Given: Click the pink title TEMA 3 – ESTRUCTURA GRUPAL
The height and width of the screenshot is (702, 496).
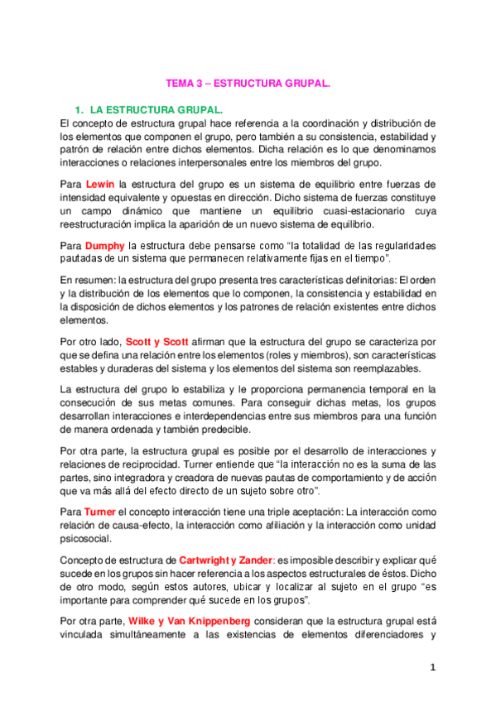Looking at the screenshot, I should pos(248,84).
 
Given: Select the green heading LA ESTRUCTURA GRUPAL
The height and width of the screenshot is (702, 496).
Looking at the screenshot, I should pos(157,109).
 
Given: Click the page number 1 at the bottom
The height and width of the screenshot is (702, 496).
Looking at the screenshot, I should pos(433,666).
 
